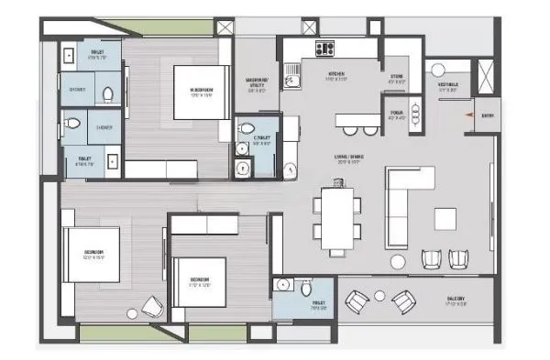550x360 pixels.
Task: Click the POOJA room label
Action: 396,115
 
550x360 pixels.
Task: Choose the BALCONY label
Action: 456,300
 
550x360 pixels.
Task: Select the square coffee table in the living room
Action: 445,218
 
